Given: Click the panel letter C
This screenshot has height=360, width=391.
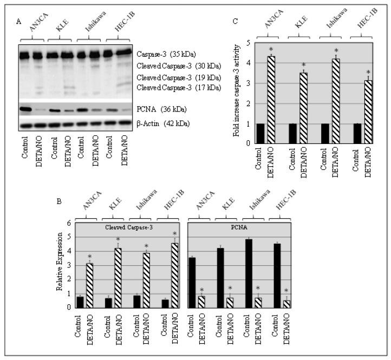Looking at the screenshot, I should [x=234, y=22].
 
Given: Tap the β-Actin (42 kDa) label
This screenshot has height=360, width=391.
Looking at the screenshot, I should [x=166, y=124].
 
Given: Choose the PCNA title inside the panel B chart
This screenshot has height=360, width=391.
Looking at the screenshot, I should [x=249, y=227].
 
